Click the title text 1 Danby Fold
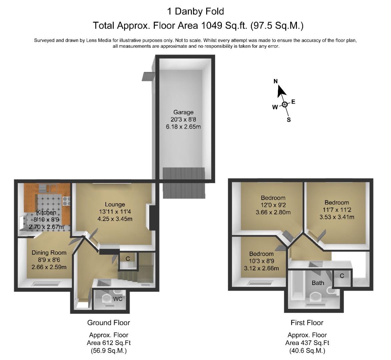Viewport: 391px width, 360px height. pos(195,11)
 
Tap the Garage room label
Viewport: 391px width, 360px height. pos(183,112)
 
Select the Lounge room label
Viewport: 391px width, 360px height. pos(115,205)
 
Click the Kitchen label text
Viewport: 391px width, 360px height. pos(46,213)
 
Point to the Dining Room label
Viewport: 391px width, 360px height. pos(49,253)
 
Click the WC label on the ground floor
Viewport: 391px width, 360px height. pos(118,299)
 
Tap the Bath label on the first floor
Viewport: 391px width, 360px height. pos(318,283)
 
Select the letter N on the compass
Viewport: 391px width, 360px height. pos(276,81)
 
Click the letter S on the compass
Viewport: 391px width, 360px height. pos(289,120)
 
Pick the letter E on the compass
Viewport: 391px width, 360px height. pos(293,102)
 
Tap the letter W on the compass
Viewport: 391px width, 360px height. pos(275,107)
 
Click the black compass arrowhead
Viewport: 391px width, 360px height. pos(281,91)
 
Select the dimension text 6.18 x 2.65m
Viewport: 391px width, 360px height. pos(183,127)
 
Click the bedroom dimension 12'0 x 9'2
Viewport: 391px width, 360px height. pos(273,205)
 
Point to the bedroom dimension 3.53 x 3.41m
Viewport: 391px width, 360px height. pos(337,217)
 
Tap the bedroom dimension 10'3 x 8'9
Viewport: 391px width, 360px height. pos(262,261)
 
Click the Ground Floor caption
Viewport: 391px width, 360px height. pos(109,323)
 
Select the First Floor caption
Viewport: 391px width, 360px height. pos(307,323)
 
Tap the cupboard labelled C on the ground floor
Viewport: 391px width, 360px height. pos(128,259)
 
